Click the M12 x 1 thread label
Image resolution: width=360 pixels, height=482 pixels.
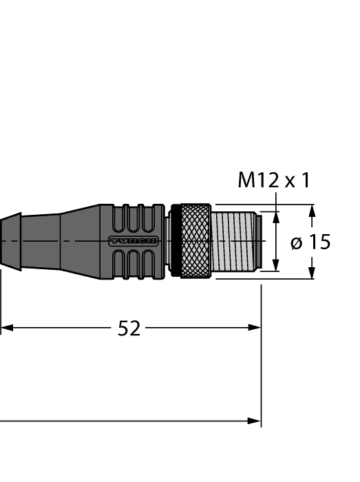coord(273,180)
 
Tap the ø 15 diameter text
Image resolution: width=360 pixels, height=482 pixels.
coord(310,242)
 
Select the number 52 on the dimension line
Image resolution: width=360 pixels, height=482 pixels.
coord(129,328)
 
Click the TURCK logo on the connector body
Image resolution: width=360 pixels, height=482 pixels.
coord(134,241)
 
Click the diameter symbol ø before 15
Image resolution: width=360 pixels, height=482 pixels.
coord(296,242)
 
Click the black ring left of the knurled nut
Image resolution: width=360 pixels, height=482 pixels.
coord(174,241)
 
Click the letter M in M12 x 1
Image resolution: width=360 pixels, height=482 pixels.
coord(246,180)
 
